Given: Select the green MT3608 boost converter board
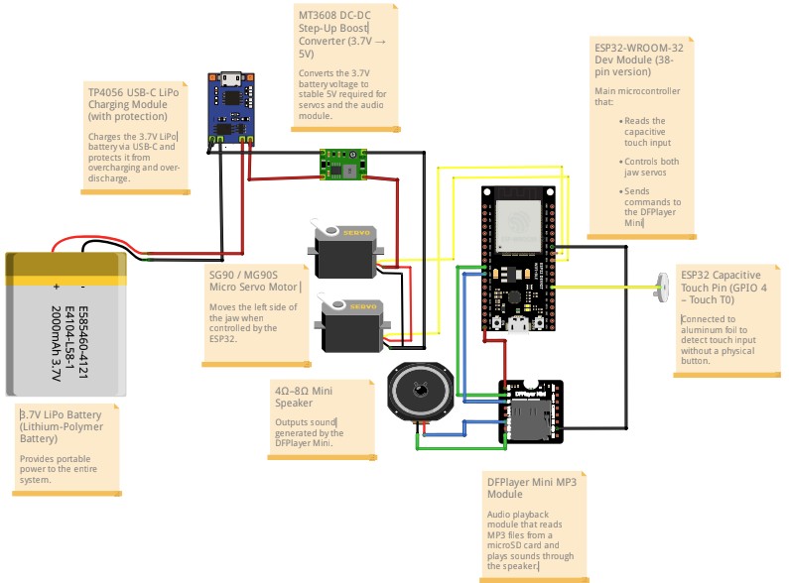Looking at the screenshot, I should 340,163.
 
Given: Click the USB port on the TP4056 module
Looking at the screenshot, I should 230,79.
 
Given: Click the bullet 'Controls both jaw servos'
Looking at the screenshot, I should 646,167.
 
